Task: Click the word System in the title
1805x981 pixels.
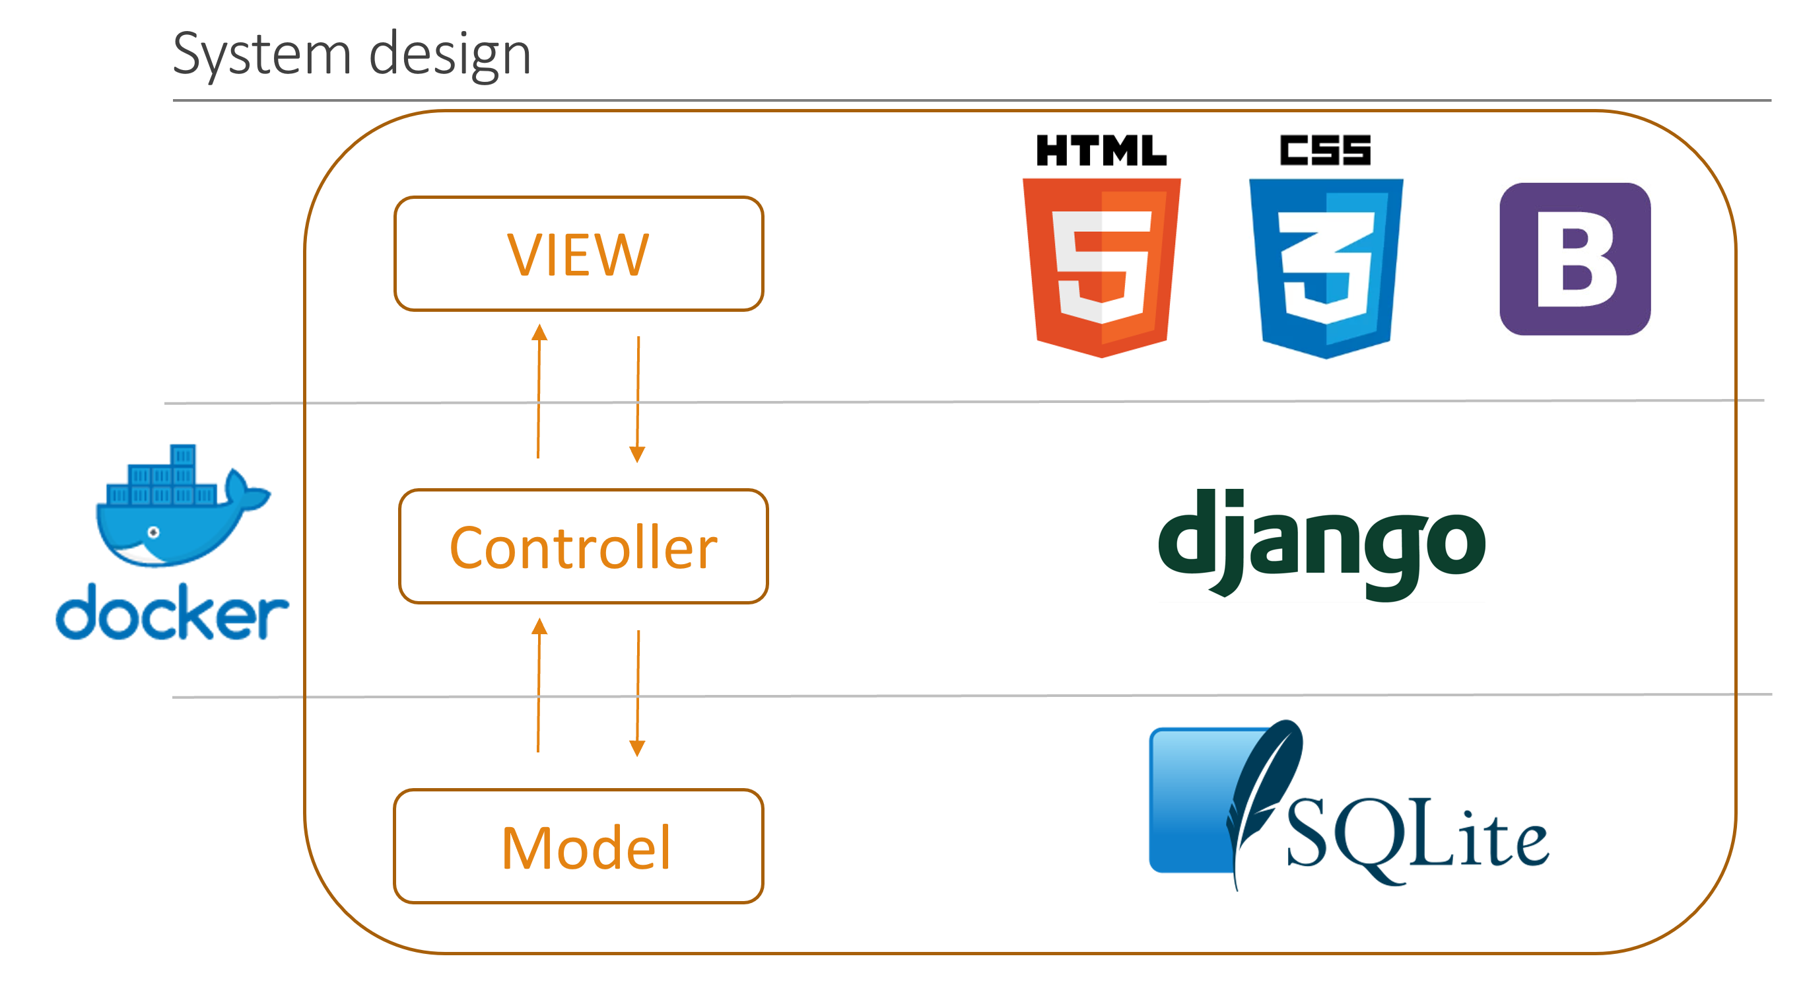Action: tap(261, 55)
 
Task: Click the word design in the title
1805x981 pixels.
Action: tap(449, 55)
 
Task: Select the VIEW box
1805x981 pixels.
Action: tap(578, 254)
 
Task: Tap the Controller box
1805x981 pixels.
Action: tap(583, 546)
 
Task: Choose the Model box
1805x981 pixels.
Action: tap(578, 846)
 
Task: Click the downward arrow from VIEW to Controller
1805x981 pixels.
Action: tap(637, 400)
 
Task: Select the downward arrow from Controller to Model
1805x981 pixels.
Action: tap(637, 694)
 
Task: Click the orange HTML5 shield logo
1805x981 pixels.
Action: tap(1101, 266)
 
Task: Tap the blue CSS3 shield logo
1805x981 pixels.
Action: tap(1325, 266)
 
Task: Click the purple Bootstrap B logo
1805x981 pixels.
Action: tap(1575, 259)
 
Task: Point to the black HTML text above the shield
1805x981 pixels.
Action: tap(1101, 150)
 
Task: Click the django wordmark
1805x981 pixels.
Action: tap(1322, 544)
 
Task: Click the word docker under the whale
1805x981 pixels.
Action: tap(172, 614)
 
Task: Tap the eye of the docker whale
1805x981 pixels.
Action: tap(153, 533)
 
